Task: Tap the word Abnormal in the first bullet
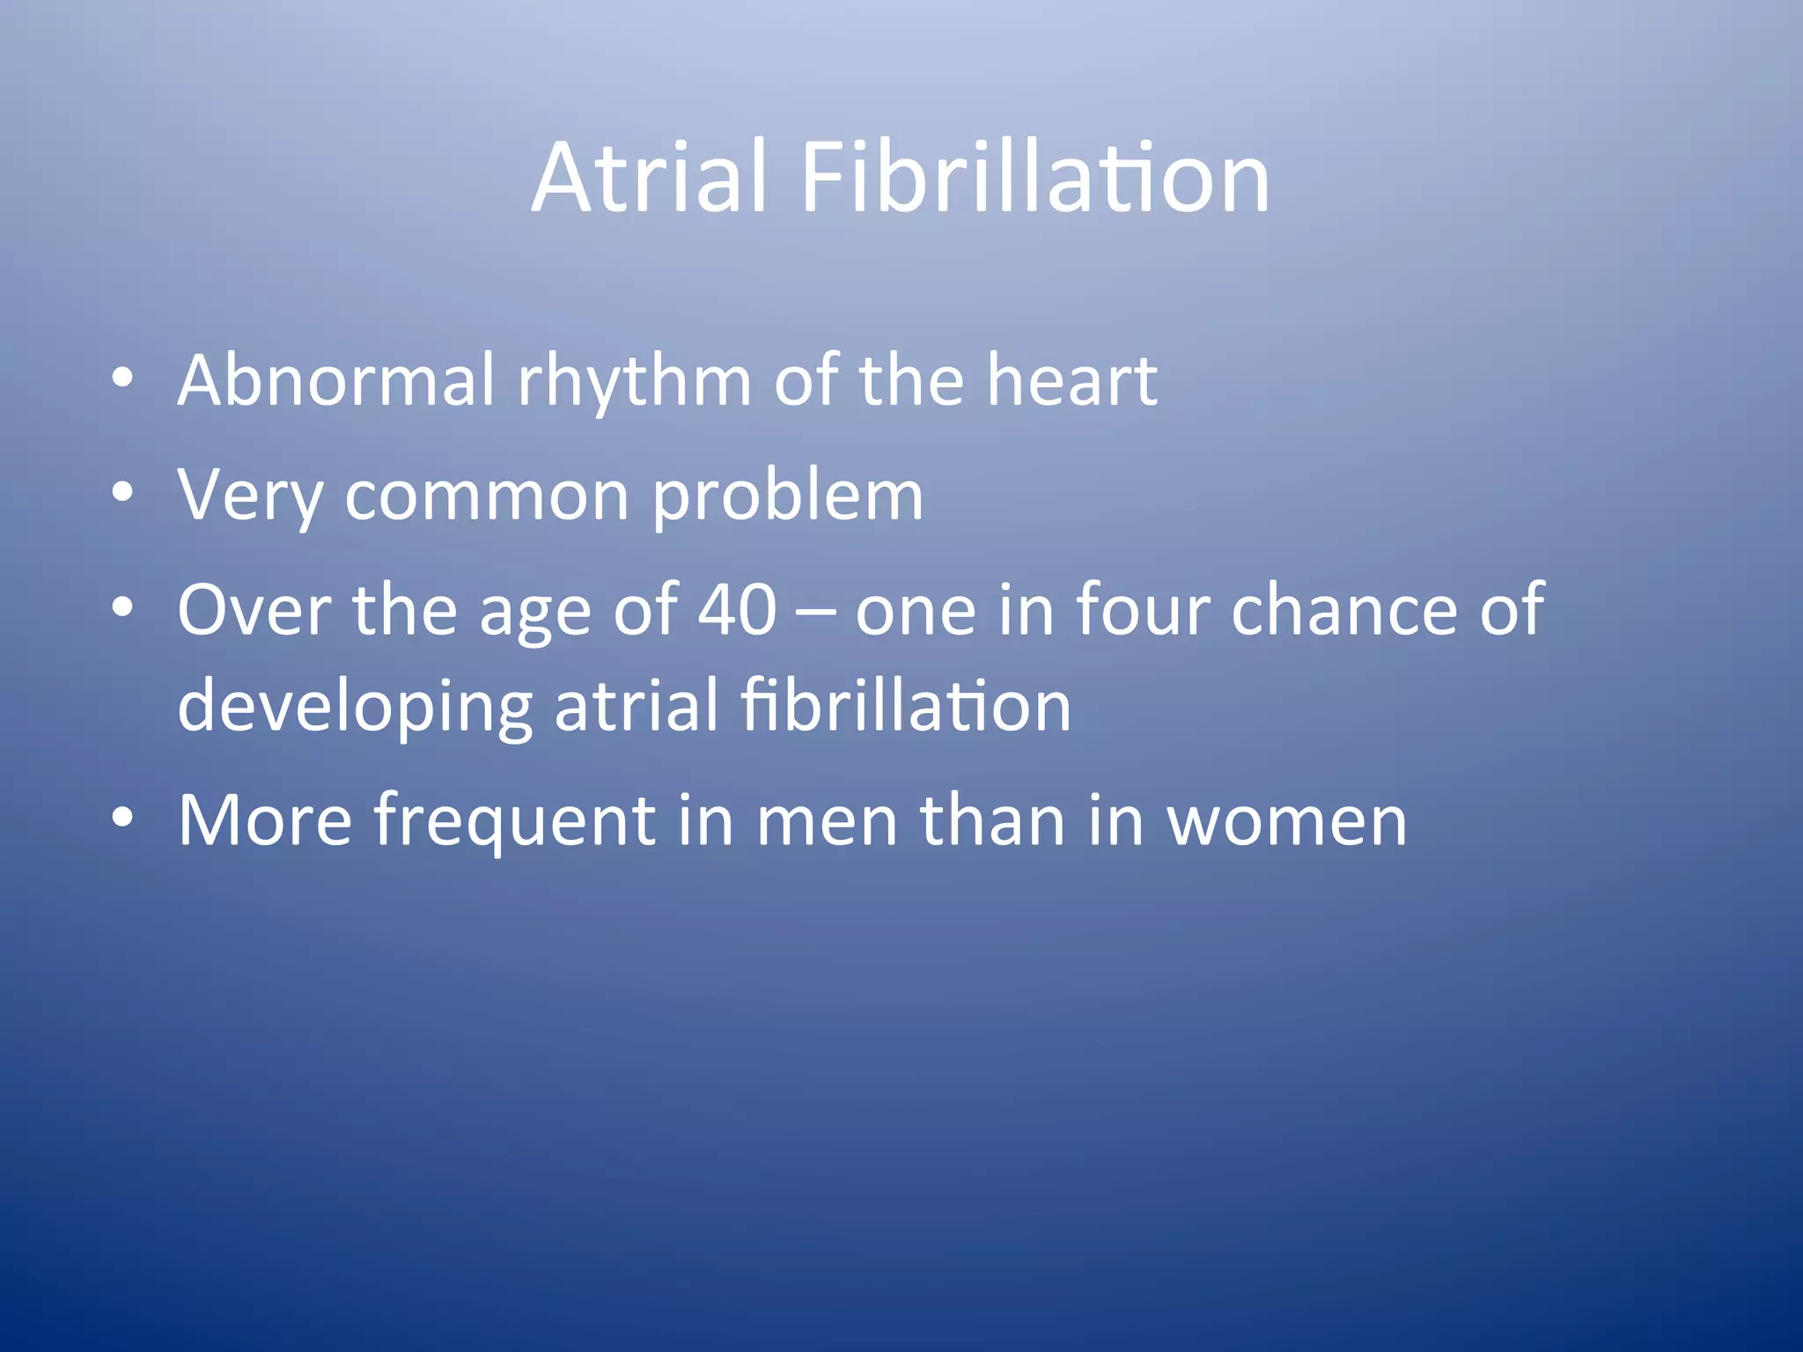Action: click(x=336, y=380)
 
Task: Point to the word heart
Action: click(x=1071, y=380)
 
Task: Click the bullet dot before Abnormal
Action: click(x=122, y=378)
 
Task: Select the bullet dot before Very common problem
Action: click(x=122, y=493)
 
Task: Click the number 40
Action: click(x=738, y=609)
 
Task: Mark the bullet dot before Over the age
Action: click(x=122, y=607)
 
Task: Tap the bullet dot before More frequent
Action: click(x=122, y=819)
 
